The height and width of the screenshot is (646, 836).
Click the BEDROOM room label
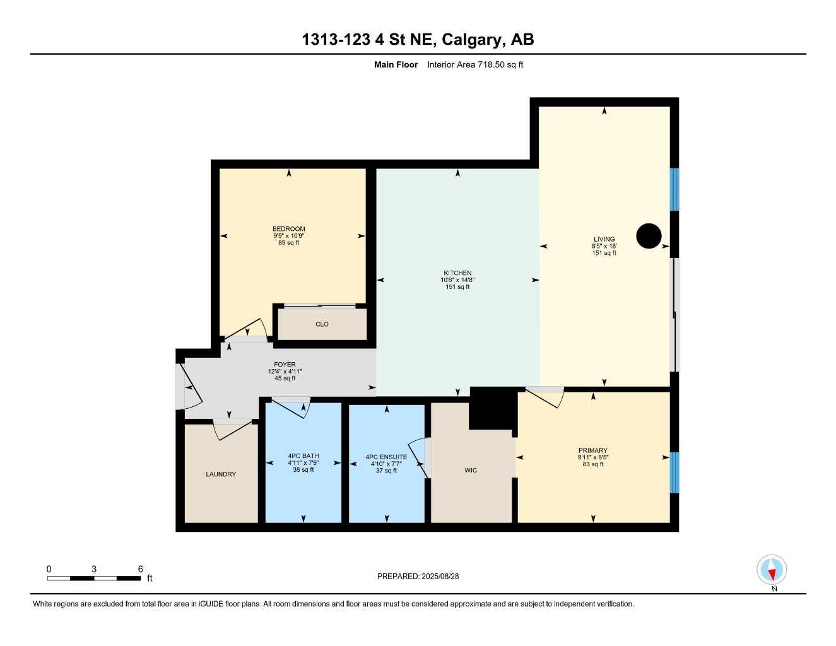288,229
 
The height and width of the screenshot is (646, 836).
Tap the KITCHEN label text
457,273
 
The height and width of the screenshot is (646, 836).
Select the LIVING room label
604,239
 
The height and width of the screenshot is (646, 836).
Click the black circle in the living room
649,236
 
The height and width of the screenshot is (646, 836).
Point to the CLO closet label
322,324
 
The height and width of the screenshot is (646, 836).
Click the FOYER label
285,365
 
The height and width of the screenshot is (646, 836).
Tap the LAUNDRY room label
221,474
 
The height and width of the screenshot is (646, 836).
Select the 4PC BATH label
303,456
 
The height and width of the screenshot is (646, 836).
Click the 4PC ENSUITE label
386,457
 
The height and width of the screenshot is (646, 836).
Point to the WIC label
471,471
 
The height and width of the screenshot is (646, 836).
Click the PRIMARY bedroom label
592,450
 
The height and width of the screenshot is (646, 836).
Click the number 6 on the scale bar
140,569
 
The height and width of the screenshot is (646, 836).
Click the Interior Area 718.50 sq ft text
475,64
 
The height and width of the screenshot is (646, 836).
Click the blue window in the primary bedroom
674,472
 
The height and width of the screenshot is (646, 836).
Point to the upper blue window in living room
674,189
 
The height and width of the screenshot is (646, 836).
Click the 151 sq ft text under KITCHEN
457,287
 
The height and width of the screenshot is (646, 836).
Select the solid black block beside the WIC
493,408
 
